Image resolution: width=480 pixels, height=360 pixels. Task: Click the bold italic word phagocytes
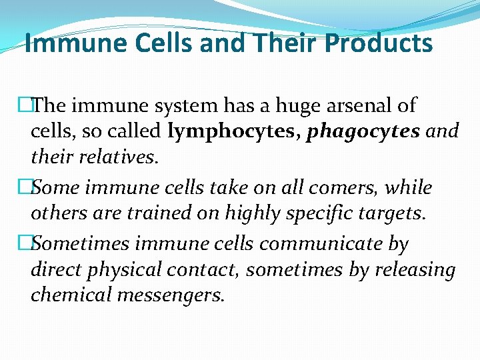point(363,131)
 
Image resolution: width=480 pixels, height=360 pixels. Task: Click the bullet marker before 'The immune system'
point(25,105)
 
